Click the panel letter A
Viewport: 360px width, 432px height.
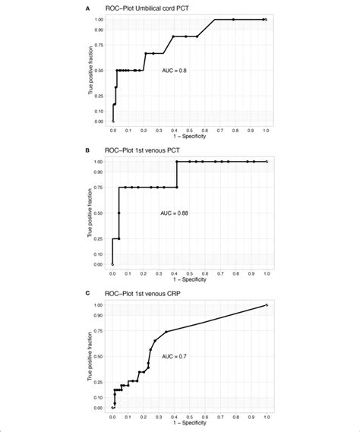pos(90,7)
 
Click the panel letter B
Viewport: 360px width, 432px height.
pos(90,150)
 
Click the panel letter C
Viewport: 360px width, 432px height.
pos(90,293)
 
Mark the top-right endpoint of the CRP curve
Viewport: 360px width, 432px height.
pos(265,305)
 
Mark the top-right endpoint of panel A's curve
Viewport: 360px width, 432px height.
pos(265,19)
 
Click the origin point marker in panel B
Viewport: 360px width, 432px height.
pos(113,264)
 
